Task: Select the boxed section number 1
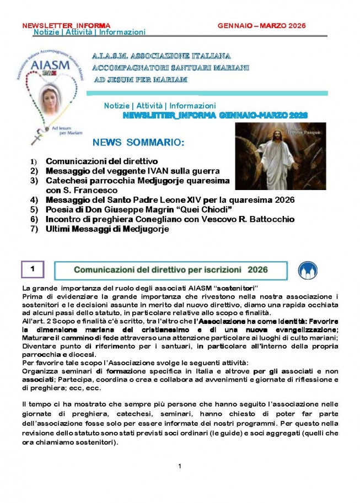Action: [33, 269]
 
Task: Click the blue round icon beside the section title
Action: [307, 271]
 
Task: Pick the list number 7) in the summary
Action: [34, 229]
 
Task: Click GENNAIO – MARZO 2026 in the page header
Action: [261, 26]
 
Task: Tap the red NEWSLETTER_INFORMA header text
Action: [66, 26]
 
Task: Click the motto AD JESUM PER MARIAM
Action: [140, 80]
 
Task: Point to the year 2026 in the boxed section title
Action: [257, 270]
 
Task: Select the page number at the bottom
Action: [180, 467]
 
